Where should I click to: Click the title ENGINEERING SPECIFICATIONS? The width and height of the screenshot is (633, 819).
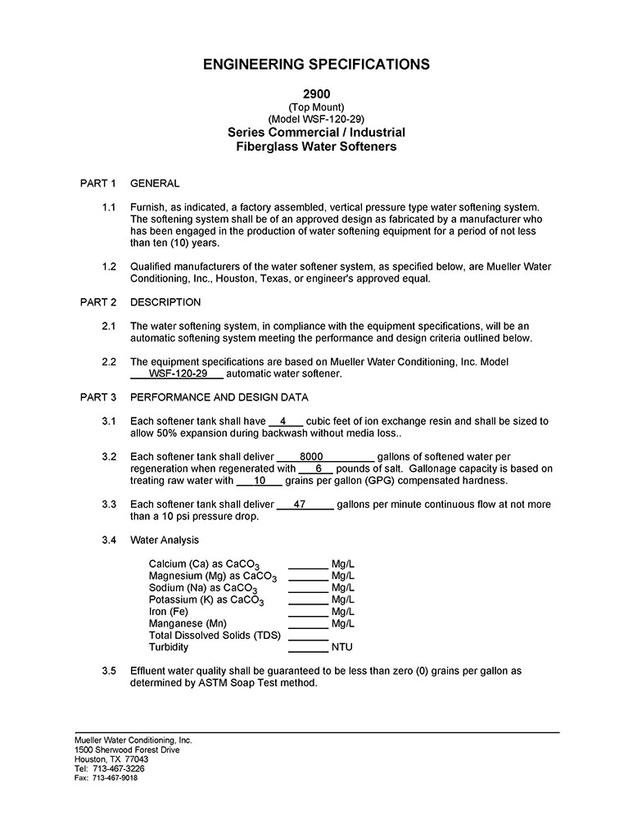click(316, 64)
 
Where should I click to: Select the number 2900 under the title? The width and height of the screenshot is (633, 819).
click(316, 94)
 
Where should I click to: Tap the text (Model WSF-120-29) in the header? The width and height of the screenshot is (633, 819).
click(316, 119)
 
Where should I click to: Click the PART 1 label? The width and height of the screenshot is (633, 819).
click(98, 183)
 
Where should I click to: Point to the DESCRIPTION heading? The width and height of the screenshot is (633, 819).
click(165, 302)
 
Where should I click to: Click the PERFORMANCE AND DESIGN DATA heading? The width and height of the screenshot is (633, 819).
click(219, 397)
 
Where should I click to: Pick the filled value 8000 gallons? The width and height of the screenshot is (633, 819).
click(311, 456)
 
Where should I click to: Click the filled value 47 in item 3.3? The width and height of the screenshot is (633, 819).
click(299, 505)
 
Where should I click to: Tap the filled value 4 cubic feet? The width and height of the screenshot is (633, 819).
click(283, 421)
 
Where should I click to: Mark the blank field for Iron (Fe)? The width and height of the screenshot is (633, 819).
click(308, 612)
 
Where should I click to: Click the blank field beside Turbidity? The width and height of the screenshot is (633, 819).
click(308, 647)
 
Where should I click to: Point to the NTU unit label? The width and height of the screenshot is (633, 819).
click(341, 647)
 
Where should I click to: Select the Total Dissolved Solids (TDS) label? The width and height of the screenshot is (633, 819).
click(215, 636)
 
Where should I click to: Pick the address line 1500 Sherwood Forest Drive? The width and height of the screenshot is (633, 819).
click(127, 749)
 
